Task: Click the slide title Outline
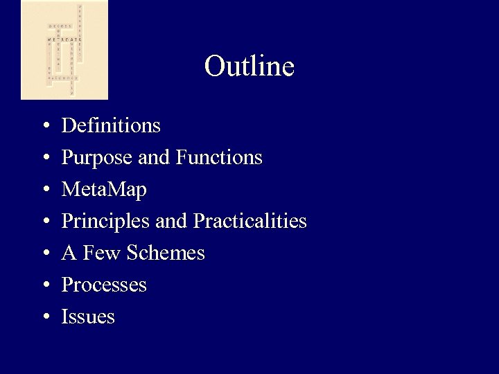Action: (249, 66)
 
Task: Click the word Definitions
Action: (111, 125)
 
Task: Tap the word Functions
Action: (219, 158)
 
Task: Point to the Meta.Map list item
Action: (104, 189)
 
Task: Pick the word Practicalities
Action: (249, 222)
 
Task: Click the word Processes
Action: (104, 285)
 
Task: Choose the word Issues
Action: (88, 317)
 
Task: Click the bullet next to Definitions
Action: (44, 127)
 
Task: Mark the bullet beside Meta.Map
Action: (44, 190)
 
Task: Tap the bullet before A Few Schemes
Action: (44, 254)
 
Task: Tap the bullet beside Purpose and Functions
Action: (44, 159)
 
